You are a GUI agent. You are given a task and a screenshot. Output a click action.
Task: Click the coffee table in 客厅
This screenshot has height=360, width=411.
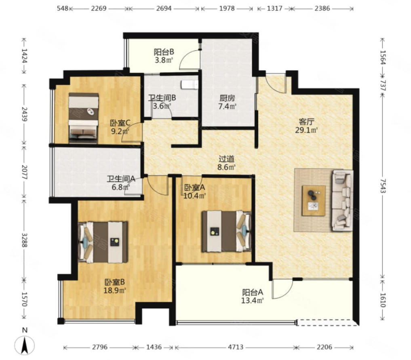[x=314, y=201]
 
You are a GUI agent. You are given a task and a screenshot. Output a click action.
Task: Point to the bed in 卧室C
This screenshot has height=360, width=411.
[x=84, y=118]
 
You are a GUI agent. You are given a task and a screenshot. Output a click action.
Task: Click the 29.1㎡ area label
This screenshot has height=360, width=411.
[x=306, y=130]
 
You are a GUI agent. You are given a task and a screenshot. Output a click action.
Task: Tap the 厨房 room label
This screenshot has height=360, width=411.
[x=227, y=98]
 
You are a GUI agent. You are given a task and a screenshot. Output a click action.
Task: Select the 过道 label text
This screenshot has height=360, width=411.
[x=226, y=159]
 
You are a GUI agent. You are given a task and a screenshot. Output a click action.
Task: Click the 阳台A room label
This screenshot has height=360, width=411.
[x=253, y=292]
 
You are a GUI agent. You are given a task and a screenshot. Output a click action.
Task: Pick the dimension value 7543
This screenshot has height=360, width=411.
[x=383, y=186]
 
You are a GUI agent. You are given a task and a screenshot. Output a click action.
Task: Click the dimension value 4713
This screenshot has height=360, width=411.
[x=235, y=347]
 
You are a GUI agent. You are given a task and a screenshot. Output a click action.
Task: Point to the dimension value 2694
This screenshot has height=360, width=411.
[x=164, y=8]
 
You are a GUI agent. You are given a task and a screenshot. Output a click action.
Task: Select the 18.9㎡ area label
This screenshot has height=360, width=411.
[x=115, y=291]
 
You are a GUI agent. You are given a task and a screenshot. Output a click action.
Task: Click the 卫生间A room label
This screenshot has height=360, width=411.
[x=121, y=179]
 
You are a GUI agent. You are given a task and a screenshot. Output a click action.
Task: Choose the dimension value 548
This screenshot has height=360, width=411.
[x=63, y=8]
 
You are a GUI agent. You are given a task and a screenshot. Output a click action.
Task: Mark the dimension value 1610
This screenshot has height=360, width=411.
[x=383, y=300]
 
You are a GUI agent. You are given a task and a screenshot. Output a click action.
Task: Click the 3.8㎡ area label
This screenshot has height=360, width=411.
[x=164, y=60]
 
